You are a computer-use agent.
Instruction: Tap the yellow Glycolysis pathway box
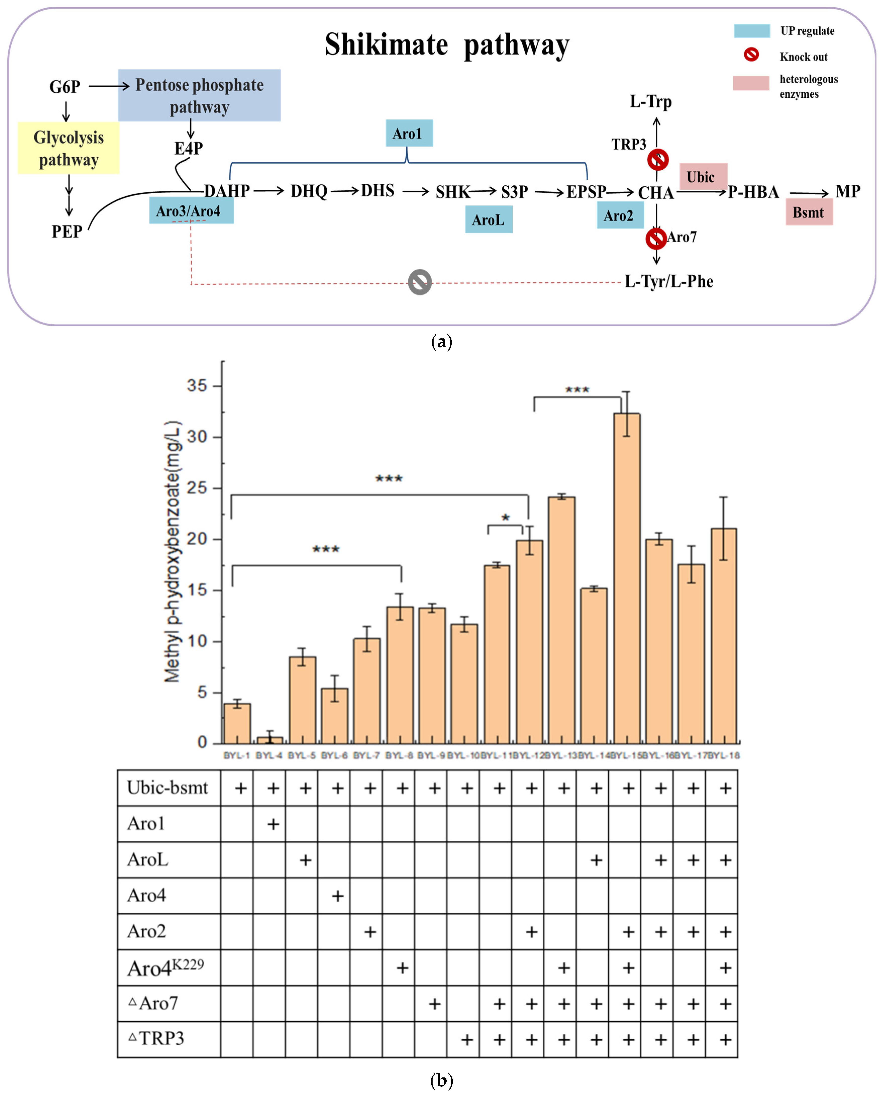(69, 148)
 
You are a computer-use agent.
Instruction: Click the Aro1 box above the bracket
(409, 133)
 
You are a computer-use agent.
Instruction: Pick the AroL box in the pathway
(488, 220)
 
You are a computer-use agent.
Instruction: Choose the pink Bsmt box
(809, 212)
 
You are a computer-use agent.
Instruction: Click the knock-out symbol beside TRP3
(658, 160)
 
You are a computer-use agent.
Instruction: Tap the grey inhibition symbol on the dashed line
(420, 282)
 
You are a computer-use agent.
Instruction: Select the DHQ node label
(309, 192)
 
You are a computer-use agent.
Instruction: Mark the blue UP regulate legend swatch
(751, 31)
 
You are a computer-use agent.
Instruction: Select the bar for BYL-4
(269, 740)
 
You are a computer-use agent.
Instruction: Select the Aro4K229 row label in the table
(165, 967)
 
